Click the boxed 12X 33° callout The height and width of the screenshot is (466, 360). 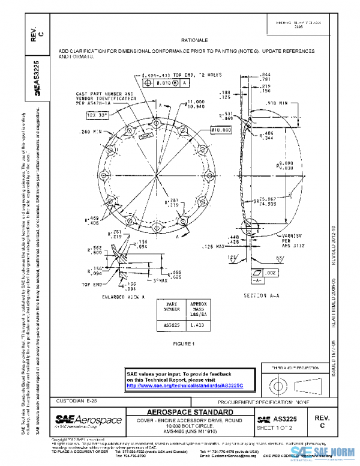click(x=97, y=113)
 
